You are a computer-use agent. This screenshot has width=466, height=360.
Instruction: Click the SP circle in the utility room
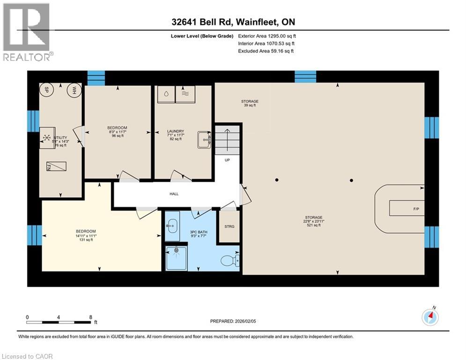click(x=47, y=90)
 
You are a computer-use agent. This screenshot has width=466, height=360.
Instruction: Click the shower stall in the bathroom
click(x=177, y=257)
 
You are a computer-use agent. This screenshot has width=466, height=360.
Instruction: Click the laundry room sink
click(x=204, y=139)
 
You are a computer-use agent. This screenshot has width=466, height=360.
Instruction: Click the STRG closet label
click(x=229, y=227)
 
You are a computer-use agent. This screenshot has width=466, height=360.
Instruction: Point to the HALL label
click(x=174, y=194)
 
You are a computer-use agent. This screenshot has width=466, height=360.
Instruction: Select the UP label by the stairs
click(x=228, y=160)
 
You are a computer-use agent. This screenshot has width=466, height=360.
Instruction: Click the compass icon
click(x=430, y=317)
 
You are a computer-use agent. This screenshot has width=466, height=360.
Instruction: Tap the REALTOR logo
click(x=27, y=32)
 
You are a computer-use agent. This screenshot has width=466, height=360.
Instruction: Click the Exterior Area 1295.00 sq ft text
click(x=267, y=35)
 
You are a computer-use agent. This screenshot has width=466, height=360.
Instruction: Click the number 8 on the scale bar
click(x=90, y=317)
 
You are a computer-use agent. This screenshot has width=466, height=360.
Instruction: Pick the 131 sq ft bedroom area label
click(x=86, y=240)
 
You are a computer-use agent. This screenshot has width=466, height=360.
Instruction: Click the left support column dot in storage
click(x=277, y=180)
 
